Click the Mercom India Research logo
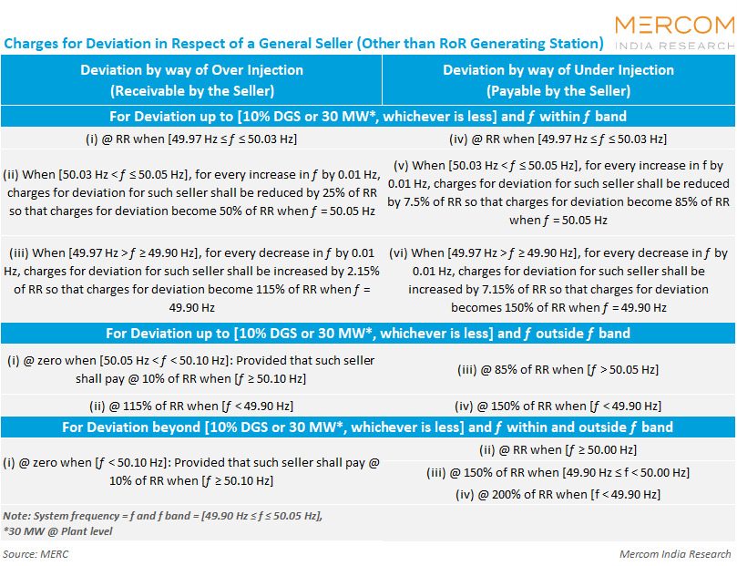point(675,33)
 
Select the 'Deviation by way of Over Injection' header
point(192,70)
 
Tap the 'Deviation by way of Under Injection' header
point(558,70)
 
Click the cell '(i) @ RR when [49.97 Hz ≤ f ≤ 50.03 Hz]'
point(191,139)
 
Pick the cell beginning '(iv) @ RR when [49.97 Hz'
point(558,139)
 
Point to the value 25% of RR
point(349,192)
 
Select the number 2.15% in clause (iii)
point(361,272)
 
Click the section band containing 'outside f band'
point(368,334)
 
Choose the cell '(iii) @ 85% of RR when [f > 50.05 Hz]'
point(558,369)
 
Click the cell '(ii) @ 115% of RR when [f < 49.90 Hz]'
point(191,406)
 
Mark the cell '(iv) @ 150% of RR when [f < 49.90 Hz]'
point(558,406)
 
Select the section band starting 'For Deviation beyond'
point(368,427)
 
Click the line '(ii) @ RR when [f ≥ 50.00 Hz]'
point(558,450)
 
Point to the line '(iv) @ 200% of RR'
point(558,495)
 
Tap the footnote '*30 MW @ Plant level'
point(57,531)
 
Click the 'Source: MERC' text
point(36,554)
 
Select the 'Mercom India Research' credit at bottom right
point(675,554)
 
